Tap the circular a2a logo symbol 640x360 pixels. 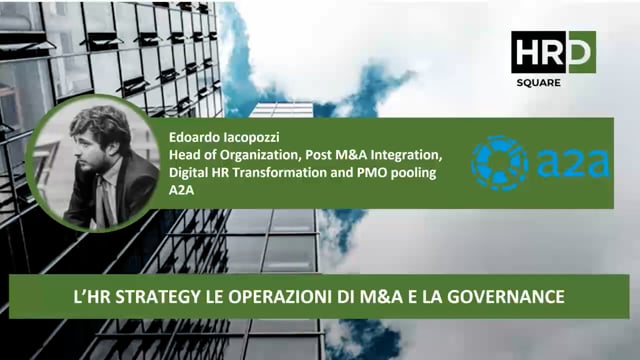point(499,163)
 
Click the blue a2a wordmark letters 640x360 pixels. point(572,163)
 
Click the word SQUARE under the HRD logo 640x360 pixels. point(553,82)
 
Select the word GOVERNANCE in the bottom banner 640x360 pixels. point(509,297)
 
